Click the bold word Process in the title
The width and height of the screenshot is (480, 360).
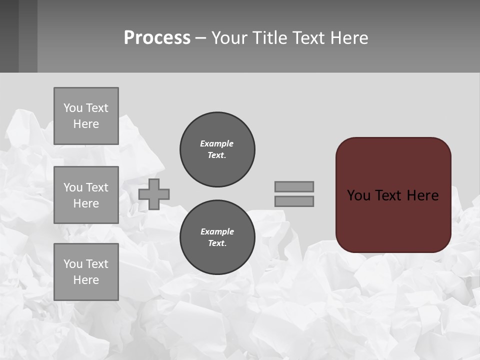[x=157, y=38]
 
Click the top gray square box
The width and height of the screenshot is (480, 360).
[x=86, y=116]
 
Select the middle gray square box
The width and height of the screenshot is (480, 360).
[x=86, y=195]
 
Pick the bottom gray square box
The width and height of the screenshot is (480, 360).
[x=86, y=272]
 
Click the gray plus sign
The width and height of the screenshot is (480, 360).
[x=154, y=194]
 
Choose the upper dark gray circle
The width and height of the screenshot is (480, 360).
[x=217, y=149]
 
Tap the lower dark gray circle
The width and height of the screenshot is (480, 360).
[x=217, y=237]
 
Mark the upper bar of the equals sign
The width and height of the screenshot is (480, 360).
[x=294, y=186]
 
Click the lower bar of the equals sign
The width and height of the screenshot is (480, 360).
[x=294, y=201]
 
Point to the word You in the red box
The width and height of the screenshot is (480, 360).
[x=358, y=195]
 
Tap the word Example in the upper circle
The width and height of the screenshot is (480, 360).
[x=217, y=143]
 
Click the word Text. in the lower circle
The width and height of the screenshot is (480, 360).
[x=217, y=243]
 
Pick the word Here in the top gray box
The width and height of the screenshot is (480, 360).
[x=86, y=124]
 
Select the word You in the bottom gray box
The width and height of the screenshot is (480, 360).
[x=73, y=264]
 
